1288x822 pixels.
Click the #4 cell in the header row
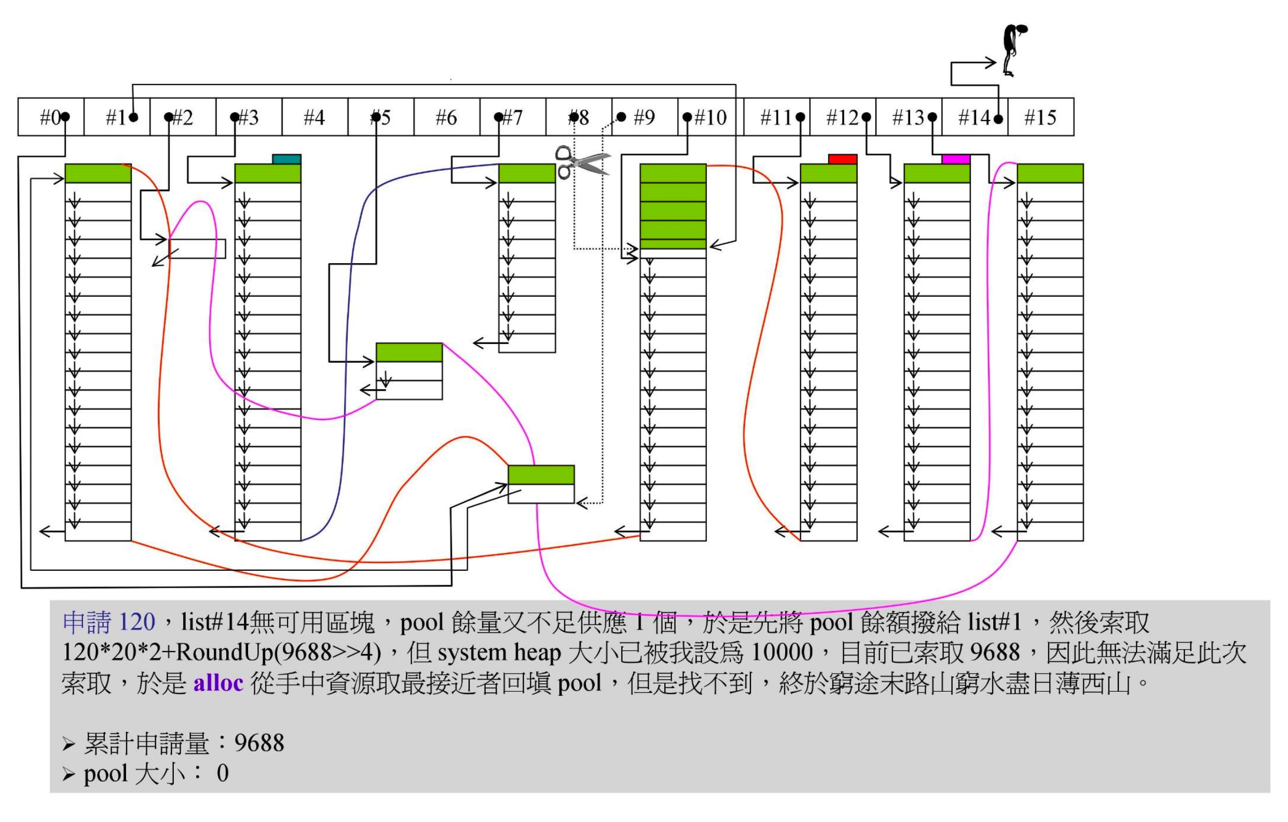[x=314, y=117]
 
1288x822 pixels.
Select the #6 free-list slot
[x=447, y=117]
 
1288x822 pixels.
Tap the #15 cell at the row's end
[x=1040, y=117]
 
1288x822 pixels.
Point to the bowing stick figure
[x=1012, y=50]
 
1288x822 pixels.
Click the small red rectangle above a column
[x=842, y=159]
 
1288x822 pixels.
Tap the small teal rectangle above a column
[x=286, y=159]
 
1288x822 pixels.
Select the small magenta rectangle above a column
[x=956, y=159]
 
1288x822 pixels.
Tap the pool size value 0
[x=223, y=773]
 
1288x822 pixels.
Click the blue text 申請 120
[x=109, y=622]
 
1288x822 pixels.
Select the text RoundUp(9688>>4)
[x=278, y=652]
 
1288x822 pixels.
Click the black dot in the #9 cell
[x=621, y=116]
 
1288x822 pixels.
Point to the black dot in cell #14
[x=998, y=119]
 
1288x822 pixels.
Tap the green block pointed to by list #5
[x=409, y=352]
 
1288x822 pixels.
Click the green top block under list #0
[x=98, y=173]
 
